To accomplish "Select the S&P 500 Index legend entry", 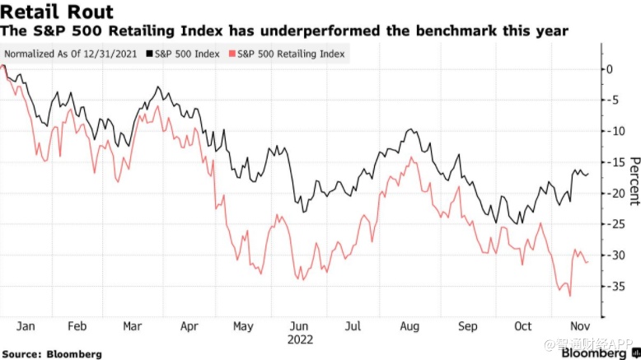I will pos(184,54).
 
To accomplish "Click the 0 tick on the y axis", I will pos(610,68).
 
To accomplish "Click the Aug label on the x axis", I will pos(410,325).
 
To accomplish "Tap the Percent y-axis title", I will pos(634,180).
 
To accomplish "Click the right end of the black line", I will pos(587,175).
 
